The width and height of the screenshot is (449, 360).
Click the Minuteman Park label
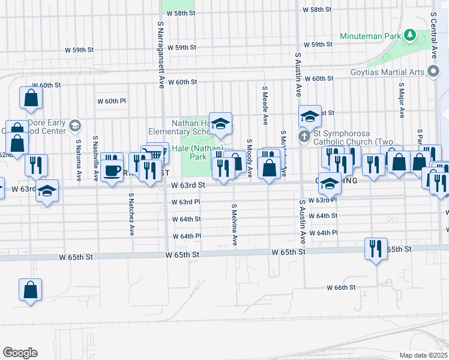tap(370, 36)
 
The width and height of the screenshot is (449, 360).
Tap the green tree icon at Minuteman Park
tap(410, 35)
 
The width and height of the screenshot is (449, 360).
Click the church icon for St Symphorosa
tap(304, 136)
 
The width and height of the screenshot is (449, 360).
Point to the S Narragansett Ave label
tap(161, 55)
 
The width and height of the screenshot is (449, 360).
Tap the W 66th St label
tap(342, 288)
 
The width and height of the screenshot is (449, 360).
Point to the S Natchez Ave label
tap(131, 214)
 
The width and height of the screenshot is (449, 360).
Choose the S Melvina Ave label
tap(234, 224)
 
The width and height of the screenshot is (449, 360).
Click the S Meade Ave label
tap(265, 104)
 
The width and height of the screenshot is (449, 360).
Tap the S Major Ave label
tap(400, 96)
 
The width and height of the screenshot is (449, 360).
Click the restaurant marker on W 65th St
tap(376, 248)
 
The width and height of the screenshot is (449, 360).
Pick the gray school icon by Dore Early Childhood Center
tap(74, 126)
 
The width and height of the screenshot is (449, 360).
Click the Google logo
tap(20, 353)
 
